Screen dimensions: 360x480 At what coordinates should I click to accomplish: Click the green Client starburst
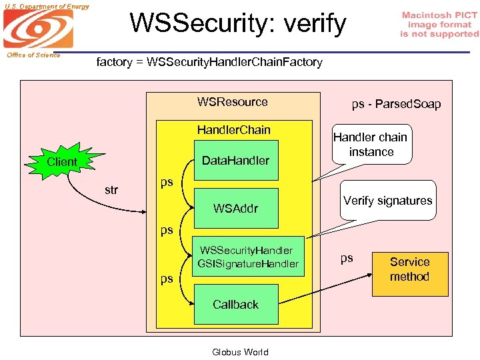pos(62,161)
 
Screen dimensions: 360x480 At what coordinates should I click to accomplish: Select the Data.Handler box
pos(235,160)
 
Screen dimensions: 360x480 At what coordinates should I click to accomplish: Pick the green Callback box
pos(235,305)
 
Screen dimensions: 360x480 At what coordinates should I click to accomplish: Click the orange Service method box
pos(409,269)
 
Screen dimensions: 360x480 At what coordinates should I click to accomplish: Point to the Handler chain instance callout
pos(371,145)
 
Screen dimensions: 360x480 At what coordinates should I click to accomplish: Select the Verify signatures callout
pos(387,201)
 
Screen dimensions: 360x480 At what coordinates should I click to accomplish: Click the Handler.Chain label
pos(233,130)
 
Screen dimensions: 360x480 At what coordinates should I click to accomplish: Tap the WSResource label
pos(232,102)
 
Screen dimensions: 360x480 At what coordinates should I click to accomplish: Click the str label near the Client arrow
pos(111,190)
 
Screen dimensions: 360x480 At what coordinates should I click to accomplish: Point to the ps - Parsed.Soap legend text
pos(396,104)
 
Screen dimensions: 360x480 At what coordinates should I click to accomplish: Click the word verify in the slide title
pos(313,24)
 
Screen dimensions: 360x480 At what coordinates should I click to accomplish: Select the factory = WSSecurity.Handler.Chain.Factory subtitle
pos(209,62)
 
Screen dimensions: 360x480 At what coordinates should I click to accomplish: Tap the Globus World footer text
pos(240,352)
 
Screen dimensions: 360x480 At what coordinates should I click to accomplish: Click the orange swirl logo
pos(38,29)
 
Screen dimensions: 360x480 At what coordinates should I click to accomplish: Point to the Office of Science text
pos(34,55)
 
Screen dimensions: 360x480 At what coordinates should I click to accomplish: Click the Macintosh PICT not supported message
pos(439,24)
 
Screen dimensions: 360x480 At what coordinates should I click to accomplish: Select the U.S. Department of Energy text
pos(45,6)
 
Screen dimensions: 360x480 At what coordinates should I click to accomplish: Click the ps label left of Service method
pos(347,258)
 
